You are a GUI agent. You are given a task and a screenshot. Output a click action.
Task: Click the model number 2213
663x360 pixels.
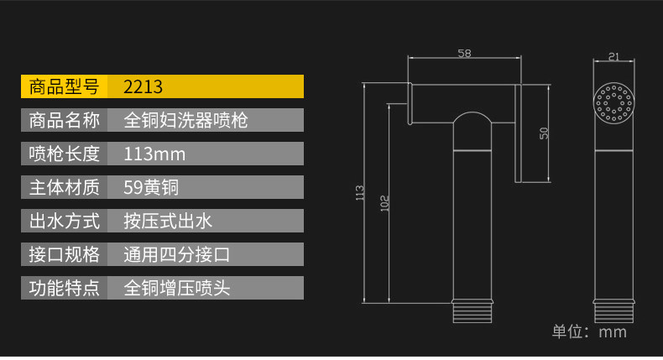click(143, 86)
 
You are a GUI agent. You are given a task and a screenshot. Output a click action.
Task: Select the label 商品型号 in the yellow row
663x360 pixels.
click(65, 86)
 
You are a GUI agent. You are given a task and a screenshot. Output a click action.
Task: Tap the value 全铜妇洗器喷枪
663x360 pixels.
click(185, 120)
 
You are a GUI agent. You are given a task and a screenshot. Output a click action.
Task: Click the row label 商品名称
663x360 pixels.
click(65, 120)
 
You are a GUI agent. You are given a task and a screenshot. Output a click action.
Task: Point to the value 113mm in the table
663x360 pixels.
click(154, 154)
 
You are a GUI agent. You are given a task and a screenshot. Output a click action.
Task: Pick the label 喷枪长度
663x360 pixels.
click(65, 154)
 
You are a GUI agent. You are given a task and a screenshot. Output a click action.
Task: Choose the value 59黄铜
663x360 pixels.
click(151, 187)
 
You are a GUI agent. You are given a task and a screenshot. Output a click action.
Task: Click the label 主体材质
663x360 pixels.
click(65, 187)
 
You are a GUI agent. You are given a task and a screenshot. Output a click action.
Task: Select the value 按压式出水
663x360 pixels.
click(168, 221)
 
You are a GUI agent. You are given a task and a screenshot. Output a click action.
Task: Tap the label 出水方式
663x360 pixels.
click(65, 221)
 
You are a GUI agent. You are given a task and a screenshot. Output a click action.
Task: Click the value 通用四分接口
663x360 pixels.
click(177, 254)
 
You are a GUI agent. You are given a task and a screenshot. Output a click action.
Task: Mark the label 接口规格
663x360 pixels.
click(65, 254)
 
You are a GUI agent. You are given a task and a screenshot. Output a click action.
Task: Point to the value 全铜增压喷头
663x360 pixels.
click(177, 288)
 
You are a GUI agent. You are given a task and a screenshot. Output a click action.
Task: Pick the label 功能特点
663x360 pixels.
click(65, 288)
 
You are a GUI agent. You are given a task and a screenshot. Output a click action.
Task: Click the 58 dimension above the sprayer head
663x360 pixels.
click(464, 54)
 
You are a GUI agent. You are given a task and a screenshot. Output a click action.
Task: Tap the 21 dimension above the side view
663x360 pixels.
click(613, 56)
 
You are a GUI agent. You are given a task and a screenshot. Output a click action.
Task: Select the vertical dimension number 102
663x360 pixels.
click(384, 203)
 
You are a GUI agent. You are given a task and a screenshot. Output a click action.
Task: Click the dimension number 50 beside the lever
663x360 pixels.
click(544, 133)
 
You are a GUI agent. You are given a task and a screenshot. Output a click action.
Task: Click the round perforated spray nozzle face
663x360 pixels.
click(613, 102)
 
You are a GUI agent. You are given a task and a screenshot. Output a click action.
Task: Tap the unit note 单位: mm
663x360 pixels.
click(589, 331)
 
